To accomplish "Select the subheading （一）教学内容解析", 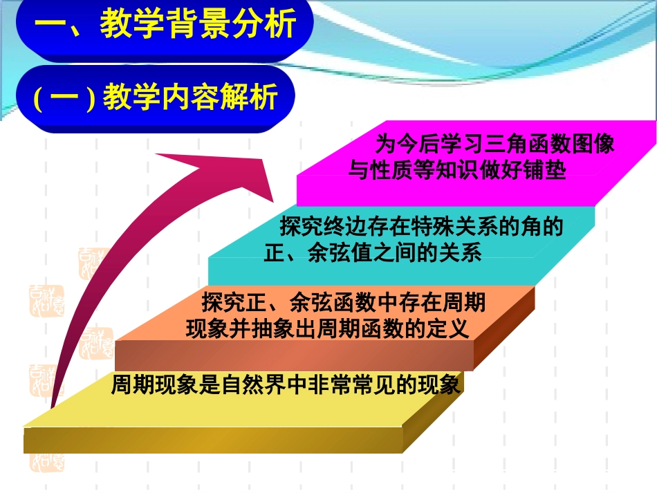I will point(156,97).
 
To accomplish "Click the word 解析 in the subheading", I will point(259,97).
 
